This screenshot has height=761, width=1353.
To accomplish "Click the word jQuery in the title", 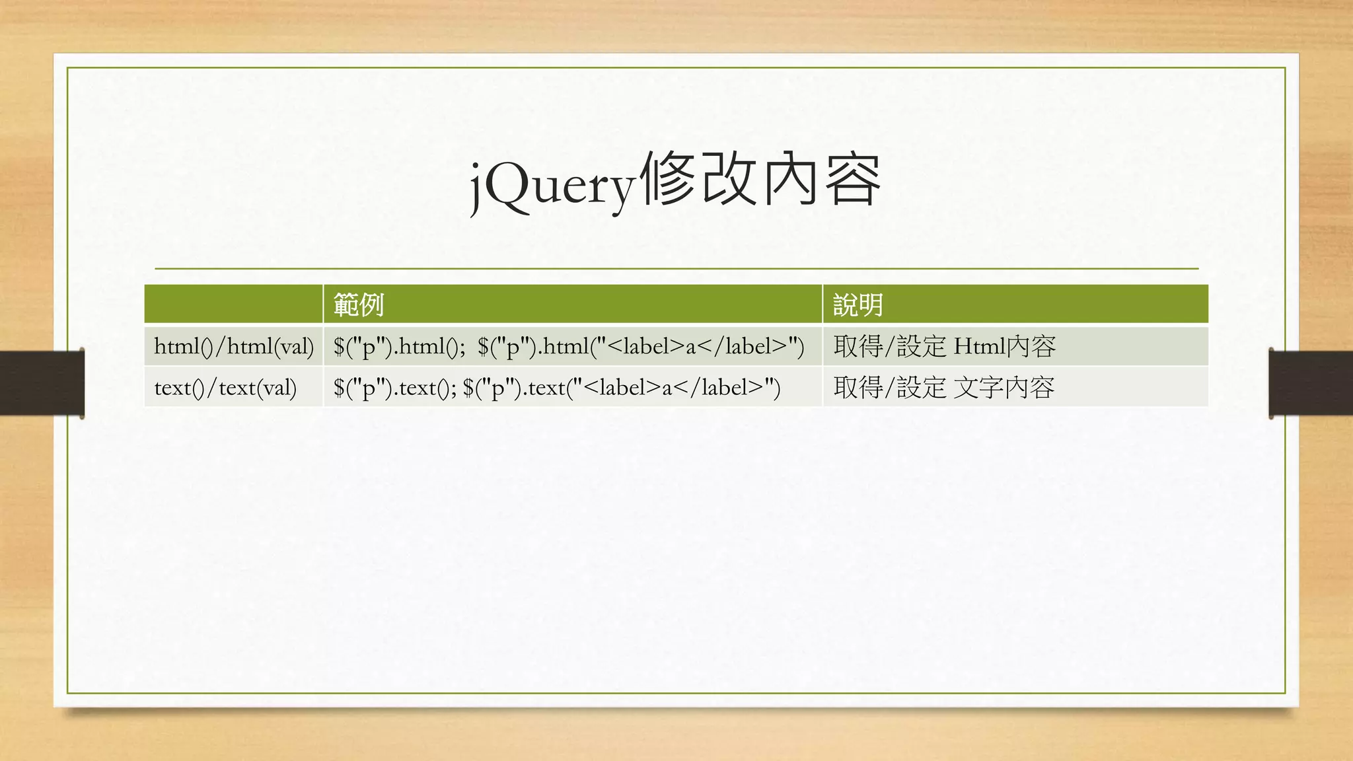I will coord(552,186).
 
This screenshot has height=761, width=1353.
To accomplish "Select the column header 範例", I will coord(358,305).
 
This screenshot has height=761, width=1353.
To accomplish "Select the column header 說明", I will coord(858,305).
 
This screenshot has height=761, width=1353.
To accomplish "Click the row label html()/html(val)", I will coord(233,346).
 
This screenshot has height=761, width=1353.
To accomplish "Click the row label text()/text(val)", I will coord(225,388).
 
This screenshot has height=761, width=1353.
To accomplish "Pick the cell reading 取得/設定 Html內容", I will coord(944,346).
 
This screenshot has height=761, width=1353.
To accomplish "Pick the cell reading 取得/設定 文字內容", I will coord(943,388).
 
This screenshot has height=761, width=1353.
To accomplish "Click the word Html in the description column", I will coord(980,346).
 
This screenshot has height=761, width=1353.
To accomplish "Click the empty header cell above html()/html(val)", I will coord(233,305).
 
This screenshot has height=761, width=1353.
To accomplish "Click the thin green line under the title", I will coord(676,269).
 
